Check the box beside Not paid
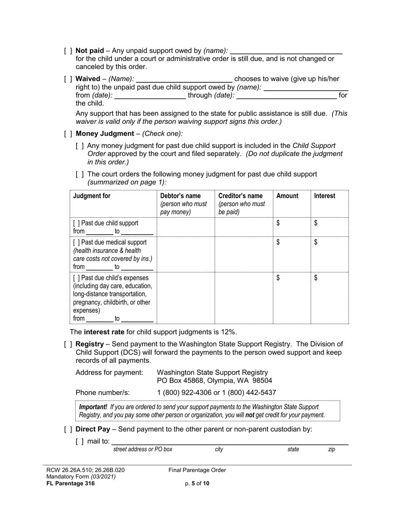(68, 51)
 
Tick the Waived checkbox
(68, 79)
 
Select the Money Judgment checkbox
(68, 134)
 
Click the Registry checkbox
(68, 344)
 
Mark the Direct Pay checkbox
(68, 429)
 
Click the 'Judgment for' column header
(92, 196)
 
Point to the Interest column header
(325, 196)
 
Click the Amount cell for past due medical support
(291, 254)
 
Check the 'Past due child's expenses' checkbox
(77, 278)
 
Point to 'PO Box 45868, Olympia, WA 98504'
(214, 381)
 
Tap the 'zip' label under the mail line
(331, 449)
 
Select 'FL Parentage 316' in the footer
(71, 483)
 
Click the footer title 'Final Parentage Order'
(197, 470)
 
